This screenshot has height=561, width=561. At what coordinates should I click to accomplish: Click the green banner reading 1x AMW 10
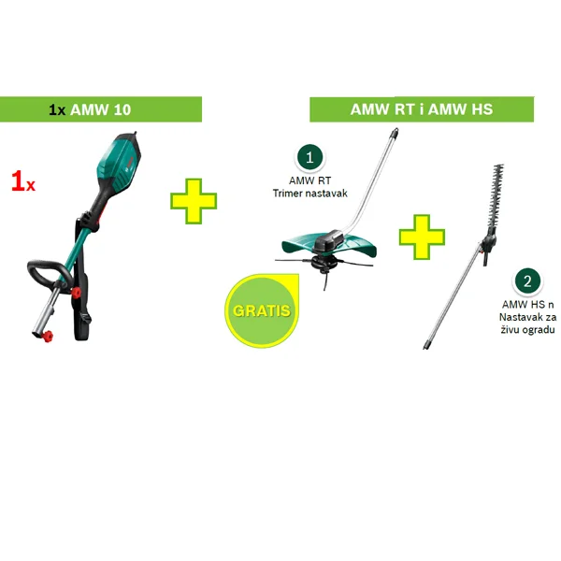coord(101,109)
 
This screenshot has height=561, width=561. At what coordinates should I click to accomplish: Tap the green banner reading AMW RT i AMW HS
coord(422,109)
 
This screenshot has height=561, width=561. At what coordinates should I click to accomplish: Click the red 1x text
coord(23,181)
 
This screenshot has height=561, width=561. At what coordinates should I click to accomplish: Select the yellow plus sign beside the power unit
coord(194,201)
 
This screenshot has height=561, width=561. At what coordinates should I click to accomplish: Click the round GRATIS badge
coord(259,308)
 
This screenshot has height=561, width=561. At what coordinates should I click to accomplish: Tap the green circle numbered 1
coord(309,157)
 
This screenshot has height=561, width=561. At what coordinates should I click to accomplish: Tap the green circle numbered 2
coord(527,280)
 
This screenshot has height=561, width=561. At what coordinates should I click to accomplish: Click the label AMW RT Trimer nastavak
coord(309,187)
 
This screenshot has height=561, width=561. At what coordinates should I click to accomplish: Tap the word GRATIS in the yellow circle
coord(259,309)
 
